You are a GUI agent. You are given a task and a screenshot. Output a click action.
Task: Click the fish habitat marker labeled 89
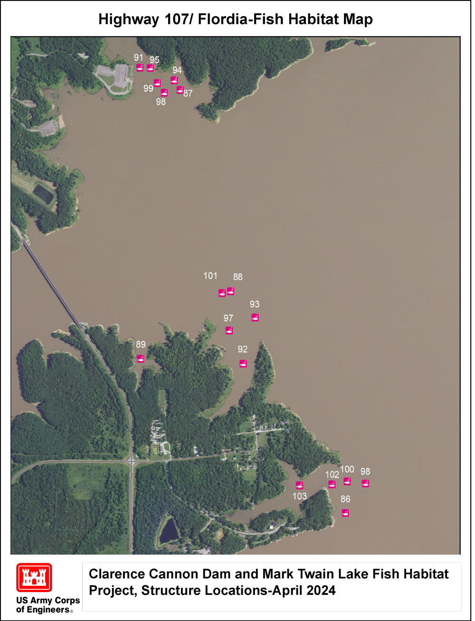[140, 359]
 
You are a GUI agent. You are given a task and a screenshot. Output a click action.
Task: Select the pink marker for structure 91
[140, 68]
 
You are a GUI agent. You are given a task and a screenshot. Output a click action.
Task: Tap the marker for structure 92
[243, 364]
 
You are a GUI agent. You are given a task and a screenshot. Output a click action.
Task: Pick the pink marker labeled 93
[255, 318]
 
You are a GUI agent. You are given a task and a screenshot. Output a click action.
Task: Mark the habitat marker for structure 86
[345, 513]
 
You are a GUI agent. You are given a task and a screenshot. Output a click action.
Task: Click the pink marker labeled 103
[299, 485]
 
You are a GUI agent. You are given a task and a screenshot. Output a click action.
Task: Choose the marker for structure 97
[229, 331]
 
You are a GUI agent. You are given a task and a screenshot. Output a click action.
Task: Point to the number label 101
[210, 276]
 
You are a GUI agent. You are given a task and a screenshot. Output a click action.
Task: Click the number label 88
[237, 277]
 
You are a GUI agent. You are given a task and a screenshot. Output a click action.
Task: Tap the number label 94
[177, 70]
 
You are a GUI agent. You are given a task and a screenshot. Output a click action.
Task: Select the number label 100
[347, 469]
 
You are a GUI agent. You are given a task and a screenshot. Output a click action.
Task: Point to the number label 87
[188, 93]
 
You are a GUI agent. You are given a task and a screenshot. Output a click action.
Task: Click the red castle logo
[34, 577]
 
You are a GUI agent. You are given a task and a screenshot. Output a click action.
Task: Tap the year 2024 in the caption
[321, 591]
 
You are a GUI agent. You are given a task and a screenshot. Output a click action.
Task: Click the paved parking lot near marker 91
[113, 76]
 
